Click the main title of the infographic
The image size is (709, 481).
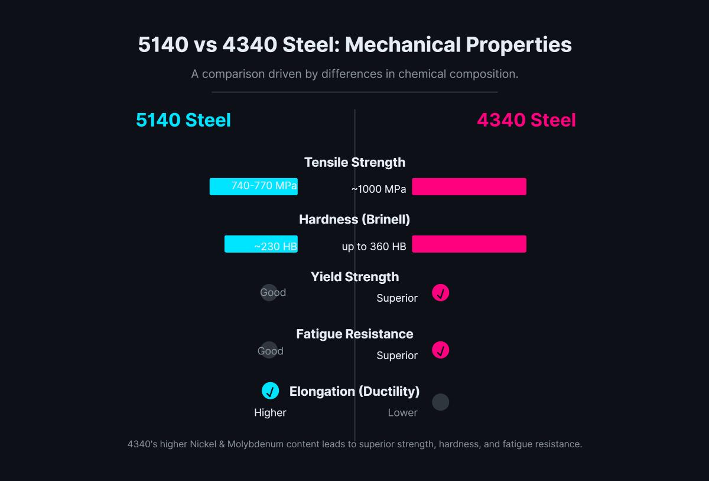point(354,45)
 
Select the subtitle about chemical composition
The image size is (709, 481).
point(354,75)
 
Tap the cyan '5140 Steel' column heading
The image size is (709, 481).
point(183,120)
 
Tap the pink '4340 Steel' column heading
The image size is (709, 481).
point(526,120)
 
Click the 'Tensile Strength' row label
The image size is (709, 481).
point(354,162)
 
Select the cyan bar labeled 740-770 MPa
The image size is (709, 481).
point(253,186)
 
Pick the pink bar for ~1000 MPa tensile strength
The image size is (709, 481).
point(469,186)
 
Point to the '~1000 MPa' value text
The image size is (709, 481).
point(379,189)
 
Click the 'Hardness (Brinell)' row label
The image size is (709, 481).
point(354,219)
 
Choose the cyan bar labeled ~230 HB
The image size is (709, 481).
point(261,244)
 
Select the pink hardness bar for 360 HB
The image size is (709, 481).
point(469,244)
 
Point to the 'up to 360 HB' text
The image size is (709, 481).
point(374,247)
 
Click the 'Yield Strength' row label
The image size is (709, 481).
point(354,277)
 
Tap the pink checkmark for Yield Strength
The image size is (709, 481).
point(440,293)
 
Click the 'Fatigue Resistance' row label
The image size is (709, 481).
point(354,334)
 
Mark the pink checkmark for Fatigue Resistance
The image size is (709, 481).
point(440,350)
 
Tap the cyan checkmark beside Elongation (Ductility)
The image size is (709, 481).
point(270,391)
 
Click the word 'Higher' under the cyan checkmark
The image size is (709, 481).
point(270,413)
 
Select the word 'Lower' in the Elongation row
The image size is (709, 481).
point(402,413)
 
